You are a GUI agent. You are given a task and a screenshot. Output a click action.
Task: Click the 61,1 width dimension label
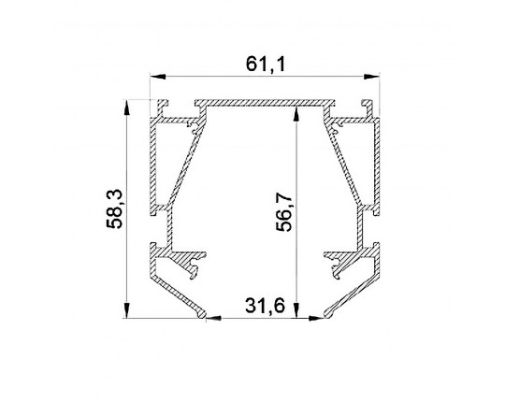click(266, 65)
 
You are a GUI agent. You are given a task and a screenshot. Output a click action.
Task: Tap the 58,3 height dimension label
click(114, 208)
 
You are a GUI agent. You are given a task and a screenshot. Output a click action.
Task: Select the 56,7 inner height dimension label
click(283, 212)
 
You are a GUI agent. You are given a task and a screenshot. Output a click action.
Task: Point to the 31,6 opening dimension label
click(265, 306)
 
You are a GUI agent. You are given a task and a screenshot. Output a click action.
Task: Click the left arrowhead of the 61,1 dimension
click(158, 77)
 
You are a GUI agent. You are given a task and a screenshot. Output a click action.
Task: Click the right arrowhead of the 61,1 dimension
click(371, 77)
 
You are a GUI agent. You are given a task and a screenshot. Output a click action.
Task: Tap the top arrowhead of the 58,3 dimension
click(127, 108)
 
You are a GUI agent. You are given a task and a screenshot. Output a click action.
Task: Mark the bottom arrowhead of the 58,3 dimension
click(127, 310)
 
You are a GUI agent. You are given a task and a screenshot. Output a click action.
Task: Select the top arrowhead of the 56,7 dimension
click(296, 115)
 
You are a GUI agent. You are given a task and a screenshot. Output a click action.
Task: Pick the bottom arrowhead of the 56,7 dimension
click(296, 310)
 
